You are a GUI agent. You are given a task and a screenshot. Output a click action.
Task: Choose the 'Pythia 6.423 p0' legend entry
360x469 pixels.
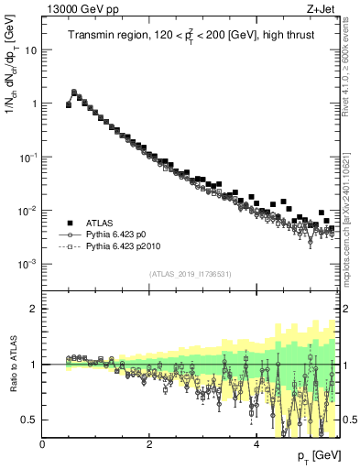(115, 234)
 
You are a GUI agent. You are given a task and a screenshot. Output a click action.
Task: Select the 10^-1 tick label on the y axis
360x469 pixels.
(28, 157)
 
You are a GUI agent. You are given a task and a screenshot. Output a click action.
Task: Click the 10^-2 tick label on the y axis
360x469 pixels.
(28, 210)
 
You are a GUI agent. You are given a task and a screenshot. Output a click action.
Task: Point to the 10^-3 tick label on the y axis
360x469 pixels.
(28, 264)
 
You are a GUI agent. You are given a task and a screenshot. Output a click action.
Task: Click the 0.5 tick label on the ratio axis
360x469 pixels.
(31, 420)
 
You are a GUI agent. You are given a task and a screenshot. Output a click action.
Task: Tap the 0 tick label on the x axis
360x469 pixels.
(42, 444)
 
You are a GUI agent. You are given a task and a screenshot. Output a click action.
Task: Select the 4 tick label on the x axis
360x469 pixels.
(256, 444)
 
